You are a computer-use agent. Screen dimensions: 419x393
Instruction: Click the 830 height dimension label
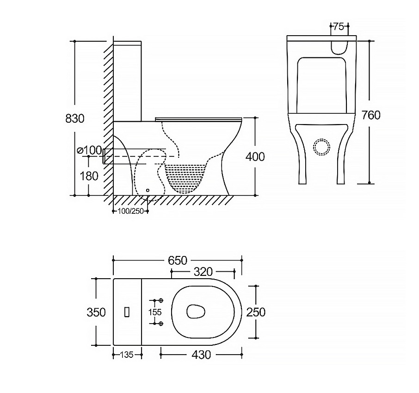click(x=75, y=118)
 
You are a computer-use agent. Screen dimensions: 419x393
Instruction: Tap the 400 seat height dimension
click(x=255, y=157)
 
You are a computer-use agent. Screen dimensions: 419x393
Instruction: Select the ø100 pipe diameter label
click(x=89, y=150)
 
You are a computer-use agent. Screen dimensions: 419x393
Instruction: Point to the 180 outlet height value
click(x=89, y=176)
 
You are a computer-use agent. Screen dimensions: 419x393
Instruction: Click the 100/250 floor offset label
click(x=131, y=212)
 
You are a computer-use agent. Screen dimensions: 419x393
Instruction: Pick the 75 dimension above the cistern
click(x=339, y=26)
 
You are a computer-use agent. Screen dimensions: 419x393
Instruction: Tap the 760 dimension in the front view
click(x=370, y=115)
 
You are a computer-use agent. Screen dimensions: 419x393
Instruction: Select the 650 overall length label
click(x=178, y=260)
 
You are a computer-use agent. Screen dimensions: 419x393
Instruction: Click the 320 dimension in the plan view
click(x=203, y=272)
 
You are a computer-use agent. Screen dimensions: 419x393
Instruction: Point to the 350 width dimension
click(x=96, y=312)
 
